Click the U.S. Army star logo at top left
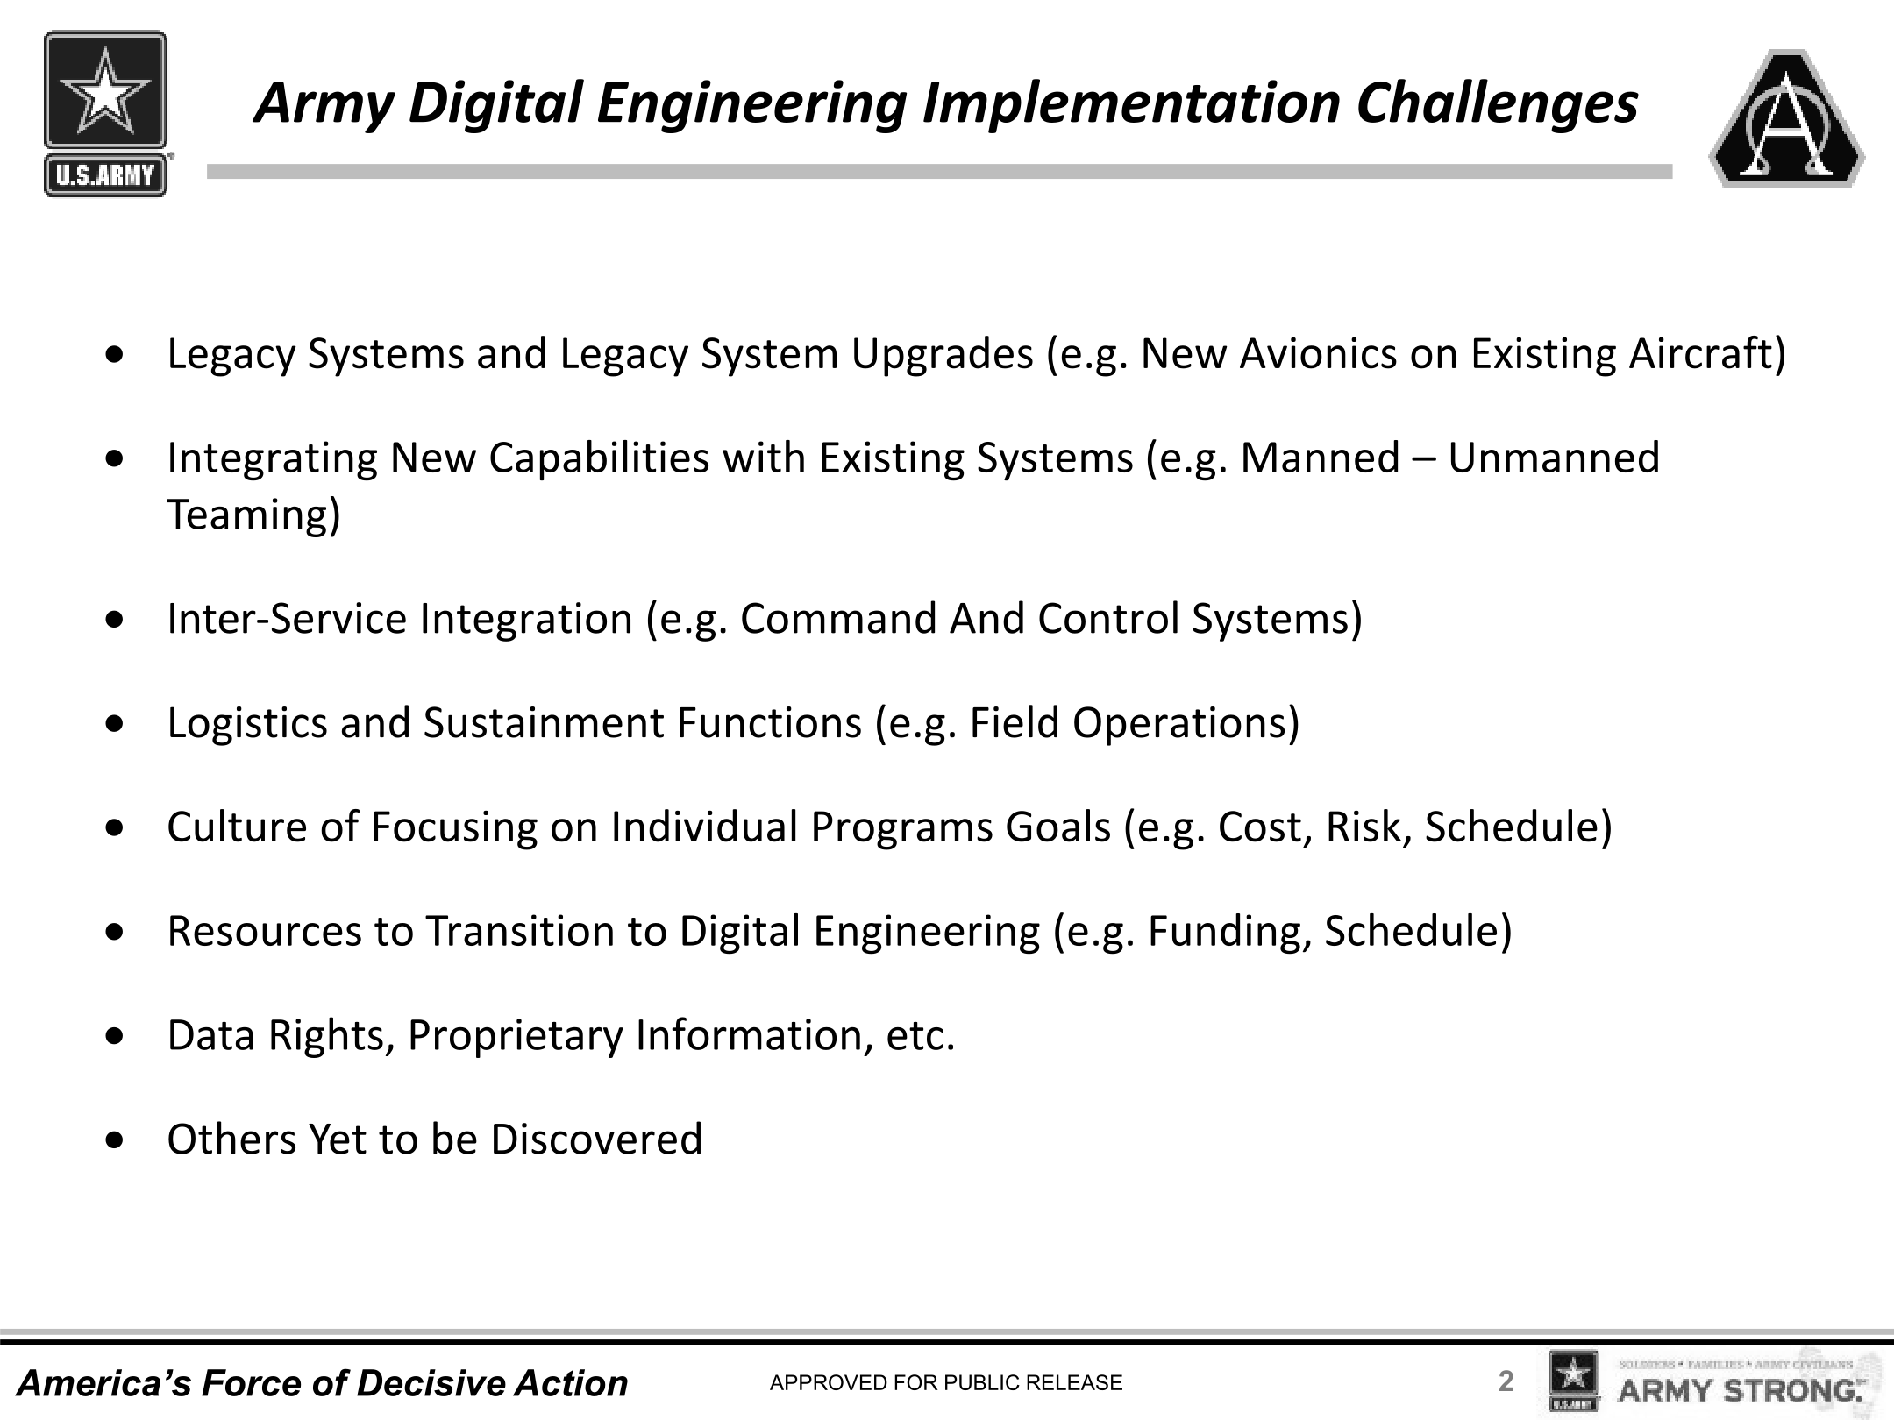(x=105, y=114)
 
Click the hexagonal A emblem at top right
(x=1787, y=117)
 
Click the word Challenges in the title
(x=1498, y=103)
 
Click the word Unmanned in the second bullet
(x=1554, y=458)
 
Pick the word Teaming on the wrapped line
(x=246, y=515)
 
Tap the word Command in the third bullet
(x=838, y=619)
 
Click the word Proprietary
(x=515, y=1035)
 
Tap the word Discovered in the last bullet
(x=596, y=1140)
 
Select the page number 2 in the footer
(x=1506, y=1381)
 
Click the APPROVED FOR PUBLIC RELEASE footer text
(x=946, y=1383)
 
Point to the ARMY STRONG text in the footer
(x=1741, y=1391)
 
